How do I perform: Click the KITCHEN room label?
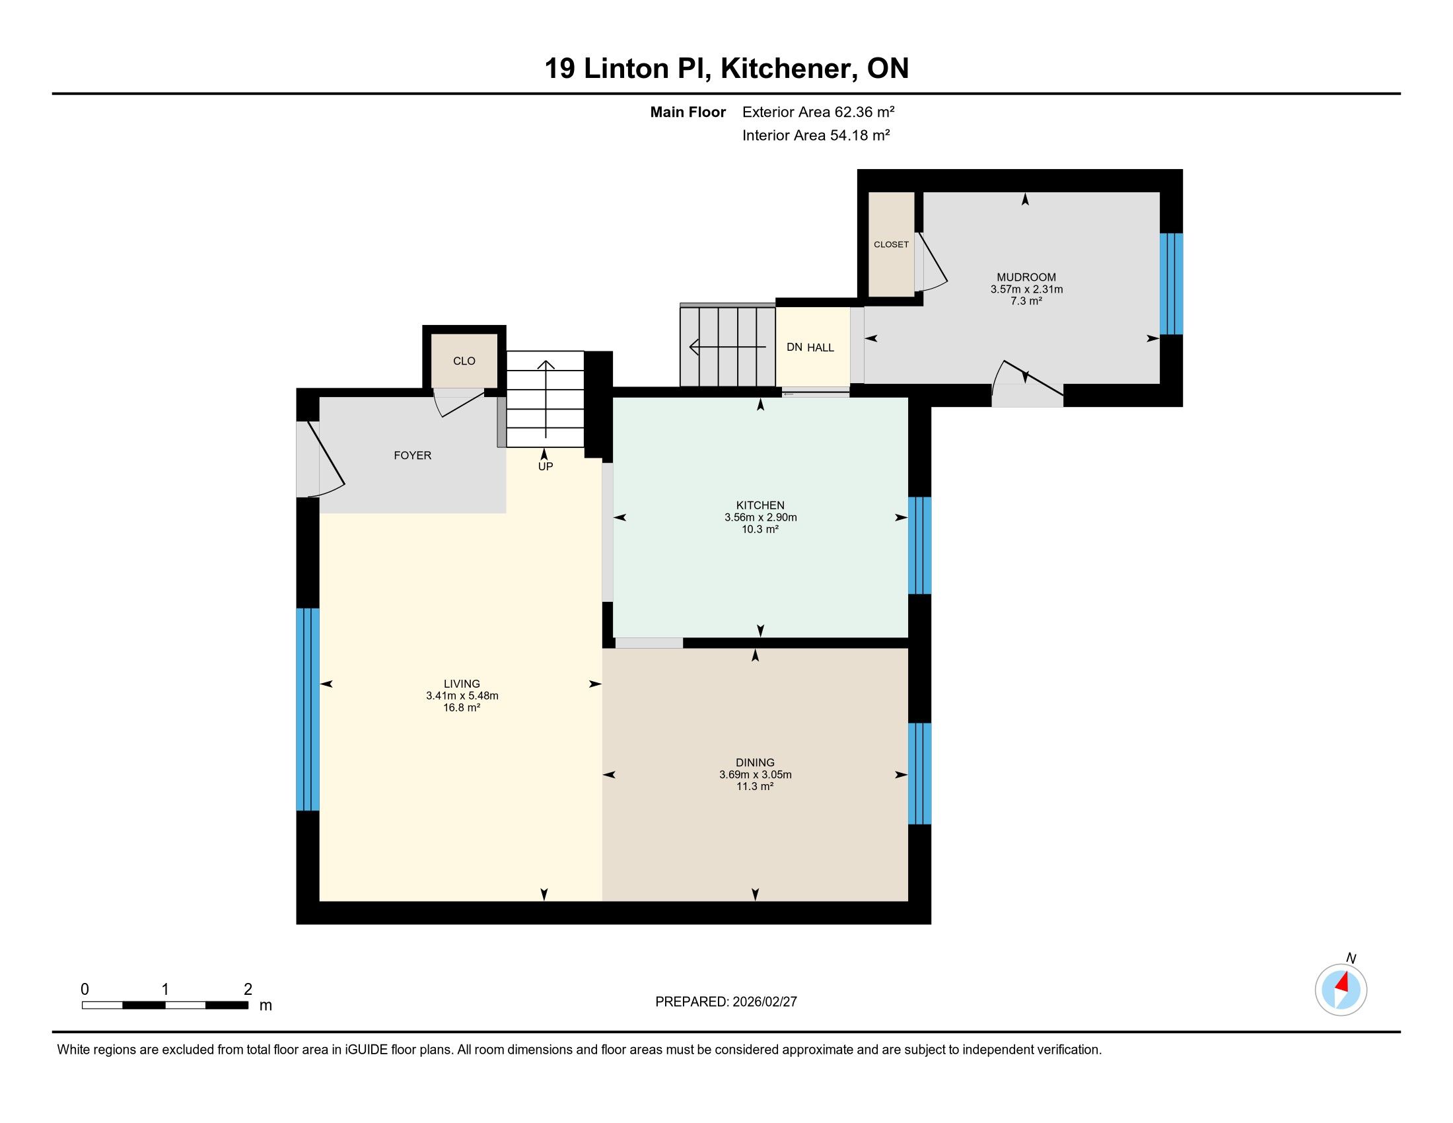tap(760, 505)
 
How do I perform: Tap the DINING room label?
tap(755, 762)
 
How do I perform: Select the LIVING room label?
tap(462, 684)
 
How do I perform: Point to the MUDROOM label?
tap(1026, 277)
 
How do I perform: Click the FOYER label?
tap(413, 456)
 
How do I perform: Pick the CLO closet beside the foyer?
tap(464, 361)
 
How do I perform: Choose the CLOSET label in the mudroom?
tap(891, 245)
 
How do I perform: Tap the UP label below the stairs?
tap(546, 466)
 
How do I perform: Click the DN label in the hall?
tap(795, 347)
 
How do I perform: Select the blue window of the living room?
tap(307, 709)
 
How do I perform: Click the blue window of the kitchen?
tap(919, 546)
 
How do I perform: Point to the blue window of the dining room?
tap(919, 774)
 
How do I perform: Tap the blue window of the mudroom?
tap(1171, 283)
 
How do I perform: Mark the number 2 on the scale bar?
tap(248, 990)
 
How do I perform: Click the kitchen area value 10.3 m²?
tap(760, 530)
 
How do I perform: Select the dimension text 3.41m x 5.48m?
tap(462, 696)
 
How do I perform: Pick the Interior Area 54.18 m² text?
tap(816, 135)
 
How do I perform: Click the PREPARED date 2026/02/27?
tap(763, 1002)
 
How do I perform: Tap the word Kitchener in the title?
tap(789, 69)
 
